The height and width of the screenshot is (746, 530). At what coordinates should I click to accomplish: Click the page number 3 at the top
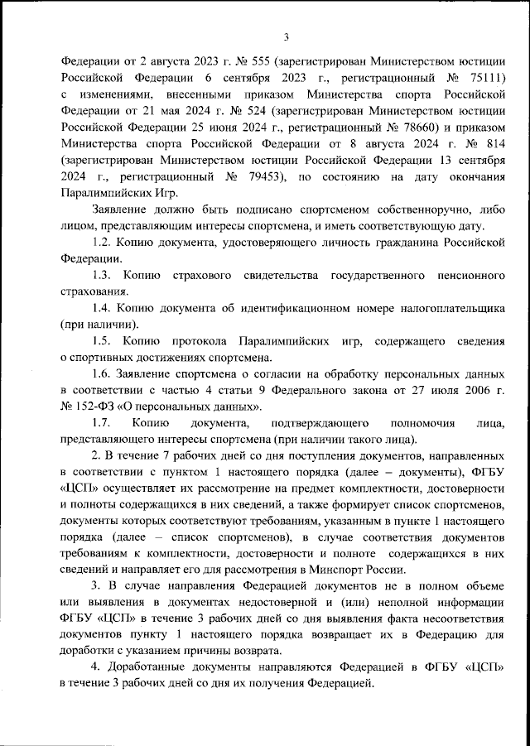[285, 36]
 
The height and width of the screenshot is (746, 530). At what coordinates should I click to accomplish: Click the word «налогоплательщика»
[446, 309]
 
